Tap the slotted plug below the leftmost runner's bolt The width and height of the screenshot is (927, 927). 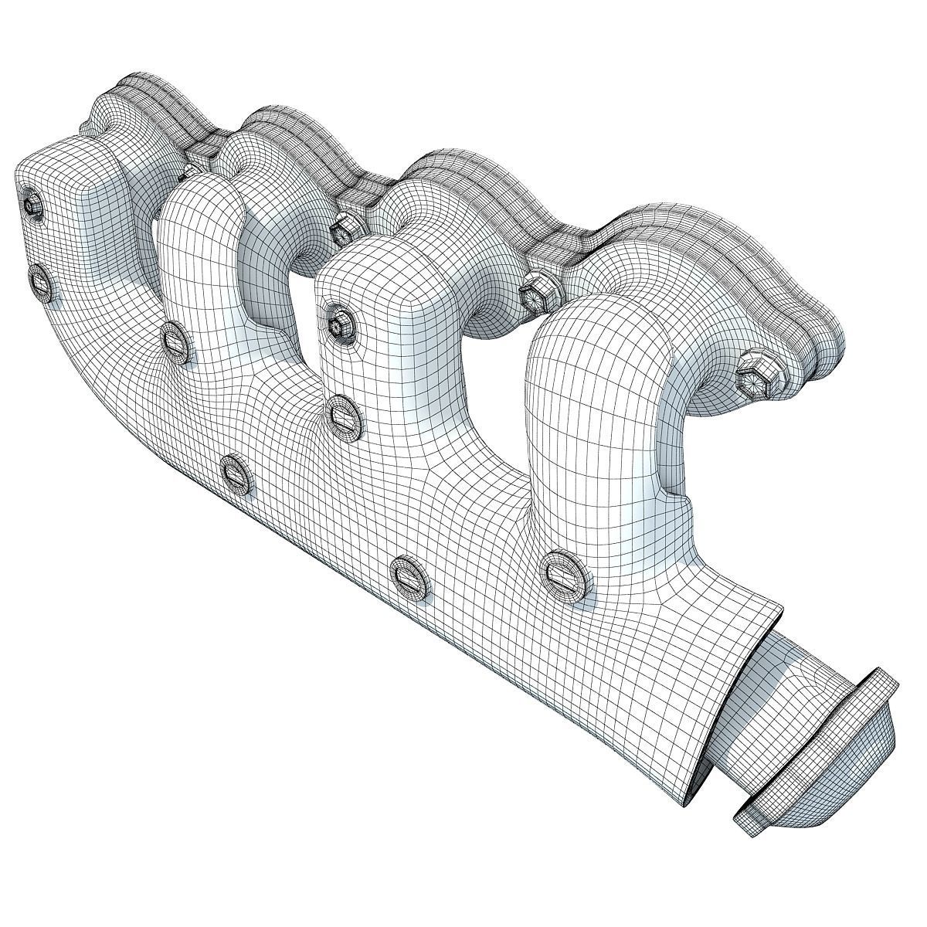pos(42,282)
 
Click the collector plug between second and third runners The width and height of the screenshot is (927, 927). pos(238,474)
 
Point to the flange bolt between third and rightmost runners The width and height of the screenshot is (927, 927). pos(535,294)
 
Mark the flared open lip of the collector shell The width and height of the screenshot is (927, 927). pos(742,688)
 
